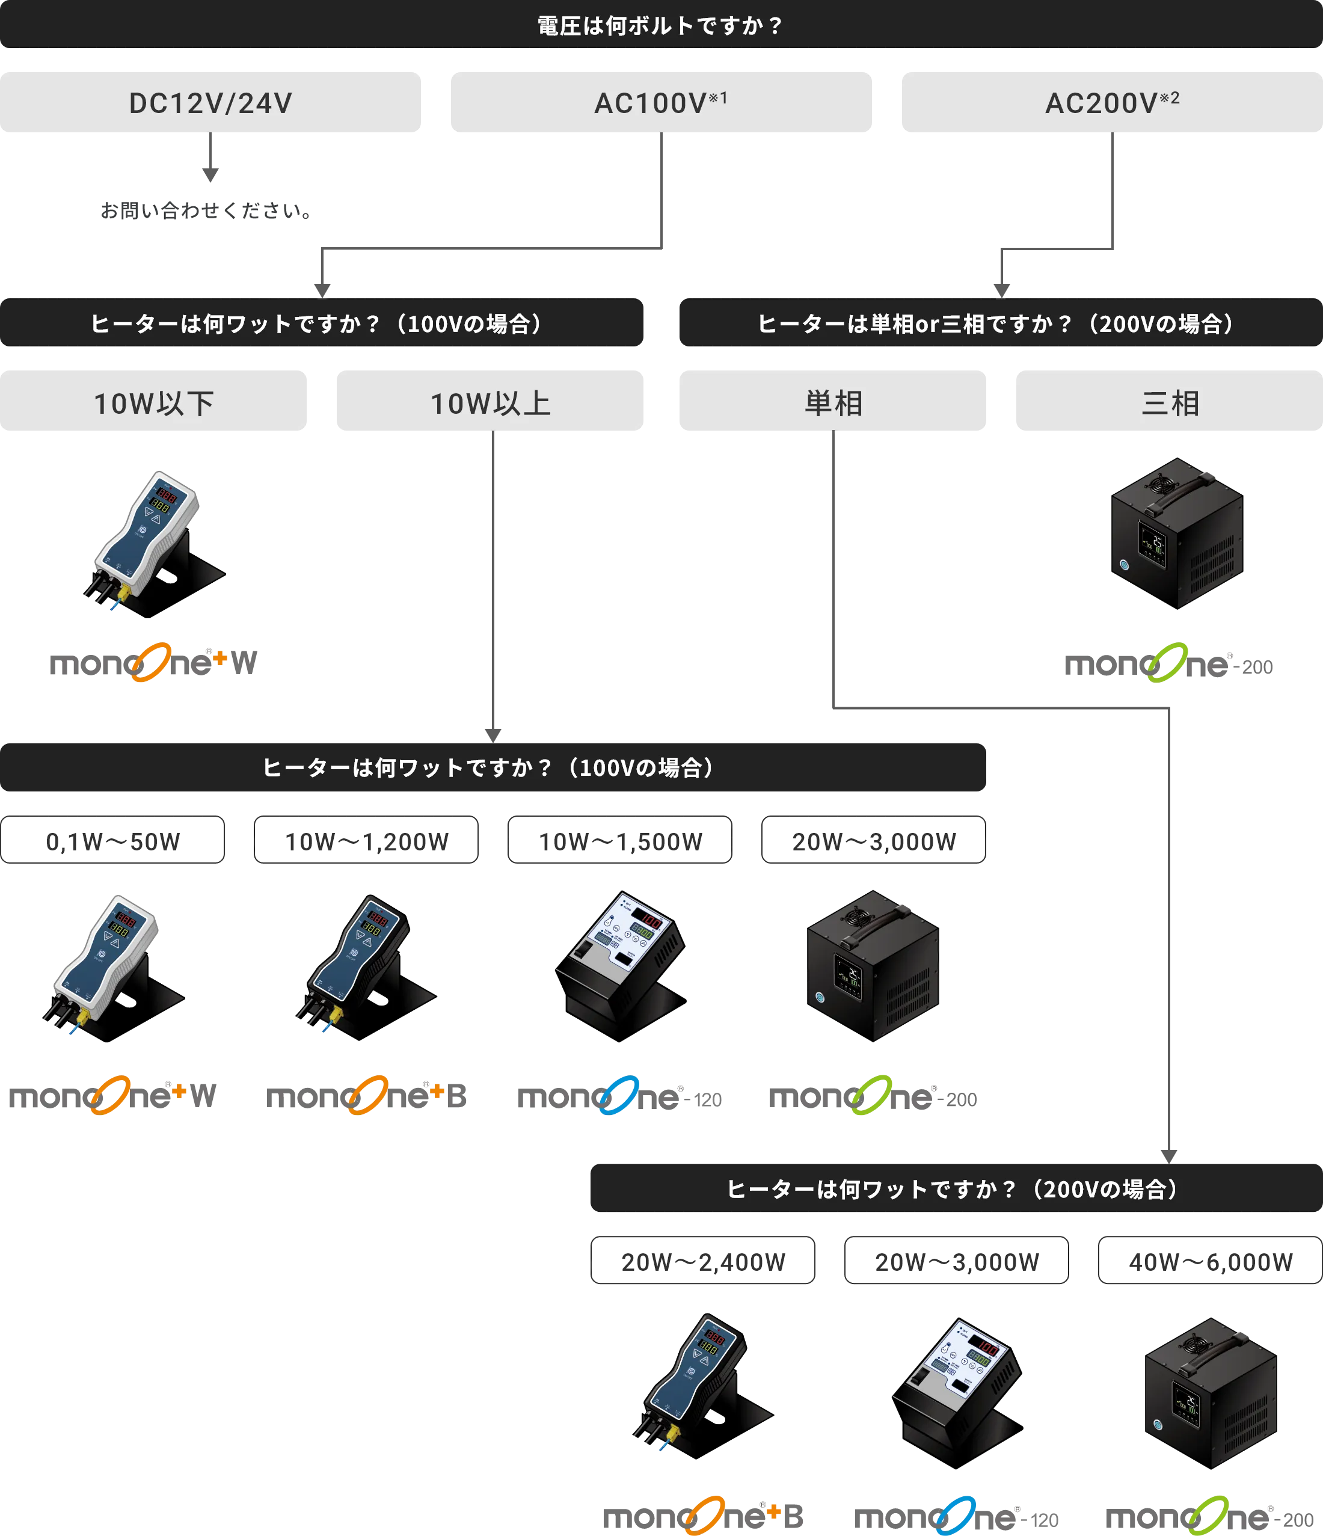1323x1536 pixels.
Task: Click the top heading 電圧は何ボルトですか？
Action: (660, 26)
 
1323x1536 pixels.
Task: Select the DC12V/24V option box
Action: (211, 103)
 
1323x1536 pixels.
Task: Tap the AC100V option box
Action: (660, 103)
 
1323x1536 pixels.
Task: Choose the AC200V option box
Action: (1111, 103)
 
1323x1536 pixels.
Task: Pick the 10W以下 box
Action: (153, 402)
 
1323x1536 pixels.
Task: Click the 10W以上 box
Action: (490, 402)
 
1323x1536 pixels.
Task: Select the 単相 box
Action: (832, 402)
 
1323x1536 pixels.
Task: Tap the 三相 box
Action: (1169, 402)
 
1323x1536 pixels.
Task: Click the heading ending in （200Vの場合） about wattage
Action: (954, 1189)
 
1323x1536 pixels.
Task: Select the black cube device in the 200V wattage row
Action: (1211, 1393)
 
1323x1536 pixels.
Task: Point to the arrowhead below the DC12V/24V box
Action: (210, 175)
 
